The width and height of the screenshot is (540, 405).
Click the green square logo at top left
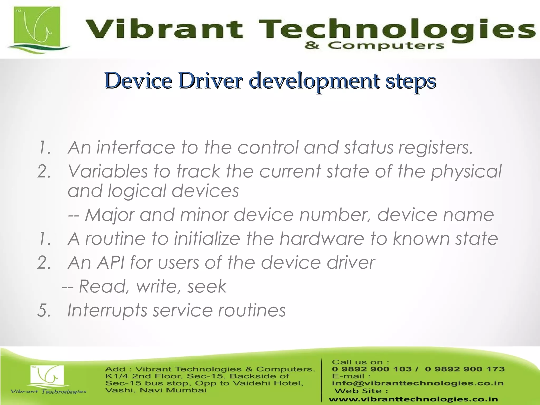pos(37,28)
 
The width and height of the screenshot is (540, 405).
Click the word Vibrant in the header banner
pos(163,30)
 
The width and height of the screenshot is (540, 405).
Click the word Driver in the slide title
pos(210,80)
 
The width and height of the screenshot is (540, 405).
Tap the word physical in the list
pos(466,171)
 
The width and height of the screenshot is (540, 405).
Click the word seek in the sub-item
pos(207,286)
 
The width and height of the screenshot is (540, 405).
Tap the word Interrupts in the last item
pos(107,310)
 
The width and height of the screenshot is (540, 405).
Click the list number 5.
pos(44,310)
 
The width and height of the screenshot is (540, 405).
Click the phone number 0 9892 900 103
pos(372,369)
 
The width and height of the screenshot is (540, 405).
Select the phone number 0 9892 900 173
pos(465,369)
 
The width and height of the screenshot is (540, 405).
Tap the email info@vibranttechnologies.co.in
pos(418,383)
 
